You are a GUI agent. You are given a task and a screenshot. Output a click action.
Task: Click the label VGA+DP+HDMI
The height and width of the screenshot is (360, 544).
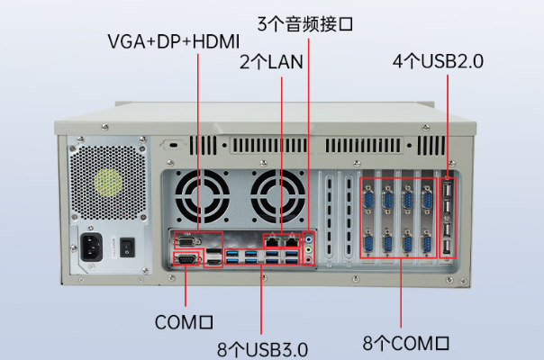coord(172,41)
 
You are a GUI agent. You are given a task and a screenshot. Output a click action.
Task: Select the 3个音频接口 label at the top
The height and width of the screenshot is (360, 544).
coord(305,22)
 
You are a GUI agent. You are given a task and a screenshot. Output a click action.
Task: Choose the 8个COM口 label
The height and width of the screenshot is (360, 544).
coord(405,343)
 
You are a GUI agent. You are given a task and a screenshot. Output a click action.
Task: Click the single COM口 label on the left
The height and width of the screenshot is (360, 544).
coord(184,320)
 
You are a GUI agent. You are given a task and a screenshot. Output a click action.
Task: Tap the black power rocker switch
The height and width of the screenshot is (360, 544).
coord(128,245)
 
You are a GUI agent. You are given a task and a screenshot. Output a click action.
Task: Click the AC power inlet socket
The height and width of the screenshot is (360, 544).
coord(92,247)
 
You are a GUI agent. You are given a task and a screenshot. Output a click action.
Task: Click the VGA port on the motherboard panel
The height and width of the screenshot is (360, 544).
coord(186,240)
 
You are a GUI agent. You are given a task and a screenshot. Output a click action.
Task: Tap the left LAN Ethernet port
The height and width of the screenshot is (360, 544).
coord(272,239)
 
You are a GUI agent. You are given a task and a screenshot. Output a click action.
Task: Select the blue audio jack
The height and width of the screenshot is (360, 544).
coord(309,240)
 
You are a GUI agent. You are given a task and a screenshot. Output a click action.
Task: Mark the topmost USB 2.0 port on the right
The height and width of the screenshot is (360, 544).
coord(447,190)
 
